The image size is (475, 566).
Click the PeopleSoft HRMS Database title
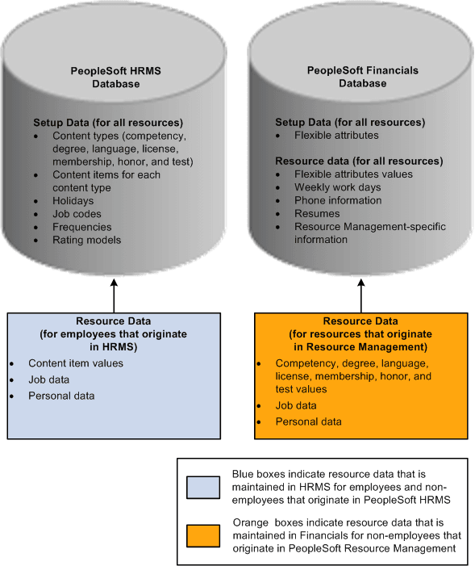114,77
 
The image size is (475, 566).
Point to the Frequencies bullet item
81,227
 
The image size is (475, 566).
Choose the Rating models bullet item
86,240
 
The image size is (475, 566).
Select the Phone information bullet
338,200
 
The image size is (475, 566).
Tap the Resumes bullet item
317,213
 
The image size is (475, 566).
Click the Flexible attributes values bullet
353,174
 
